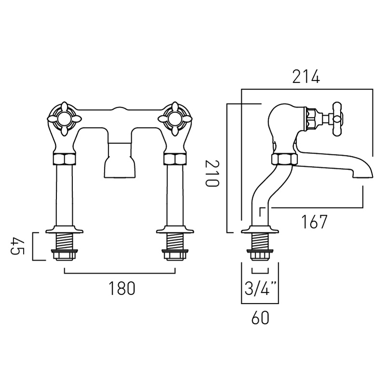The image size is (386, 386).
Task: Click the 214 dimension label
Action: tap(306, 77)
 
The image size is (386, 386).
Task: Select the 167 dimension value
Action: tap(314, 221)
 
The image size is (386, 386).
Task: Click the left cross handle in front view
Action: tap(62, 116)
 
